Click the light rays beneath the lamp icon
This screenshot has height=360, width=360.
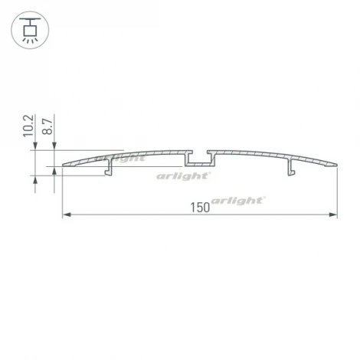coord(30,39)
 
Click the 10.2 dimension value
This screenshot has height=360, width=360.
coord(28,125)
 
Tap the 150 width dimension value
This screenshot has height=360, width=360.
coord(201,208)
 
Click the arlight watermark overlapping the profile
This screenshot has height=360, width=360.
coord(126,159)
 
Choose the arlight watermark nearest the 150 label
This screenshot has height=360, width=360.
coord(239,200)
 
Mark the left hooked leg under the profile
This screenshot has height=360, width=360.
coord(110,166)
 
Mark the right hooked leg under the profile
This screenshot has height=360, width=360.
coord(292,168)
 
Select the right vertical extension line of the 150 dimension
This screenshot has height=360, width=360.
coord(338,191)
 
